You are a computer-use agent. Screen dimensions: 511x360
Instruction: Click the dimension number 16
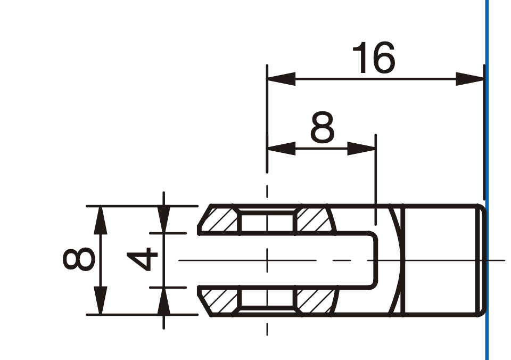(374, 58)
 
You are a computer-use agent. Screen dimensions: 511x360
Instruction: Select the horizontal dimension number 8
(323, 127)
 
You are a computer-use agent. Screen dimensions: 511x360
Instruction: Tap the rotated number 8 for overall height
(79, 259)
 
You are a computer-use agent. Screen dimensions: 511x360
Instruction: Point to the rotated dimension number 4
(143, 259)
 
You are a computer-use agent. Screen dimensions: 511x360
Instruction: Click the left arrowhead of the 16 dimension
(281, 79)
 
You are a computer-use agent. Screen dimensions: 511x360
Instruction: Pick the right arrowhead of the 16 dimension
(470, 79)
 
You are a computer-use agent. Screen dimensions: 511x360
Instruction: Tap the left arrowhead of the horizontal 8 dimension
(281, 149)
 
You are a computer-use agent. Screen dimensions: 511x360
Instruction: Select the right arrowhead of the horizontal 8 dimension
(362, 149)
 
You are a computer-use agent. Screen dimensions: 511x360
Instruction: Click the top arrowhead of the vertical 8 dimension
(101, 220)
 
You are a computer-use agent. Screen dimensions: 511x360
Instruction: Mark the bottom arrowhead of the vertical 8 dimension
(101, 301)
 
